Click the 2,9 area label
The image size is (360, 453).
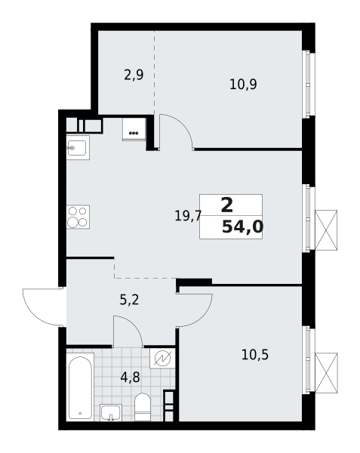coord(134,75)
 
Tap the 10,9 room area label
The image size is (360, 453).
coord(243,85)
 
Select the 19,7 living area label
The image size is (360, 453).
coord(188,216)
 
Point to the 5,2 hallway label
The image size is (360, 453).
coord(129,300)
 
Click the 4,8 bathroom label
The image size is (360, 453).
coord(130,377)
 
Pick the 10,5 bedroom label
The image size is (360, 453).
coord(255,355)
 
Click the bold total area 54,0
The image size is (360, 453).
coord(242,226)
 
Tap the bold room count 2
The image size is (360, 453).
coord(227,205)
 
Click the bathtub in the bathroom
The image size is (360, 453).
coord(80,387)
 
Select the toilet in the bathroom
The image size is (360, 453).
coord(143,407)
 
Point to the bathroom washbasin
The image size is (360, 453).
coord(111,412)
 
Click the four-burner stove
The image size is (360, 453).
coord(78,217)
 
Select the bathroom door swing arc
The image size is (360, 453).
coord(134,324)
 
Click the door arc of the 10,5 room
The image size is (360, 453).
coord(204,316)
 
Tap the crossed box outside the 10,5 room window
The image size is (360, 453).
coord(326,373)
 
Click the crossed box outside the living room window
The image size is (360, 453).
coord(326,230)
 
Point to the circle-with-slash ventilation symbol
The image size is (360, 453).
coord(162,359)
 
